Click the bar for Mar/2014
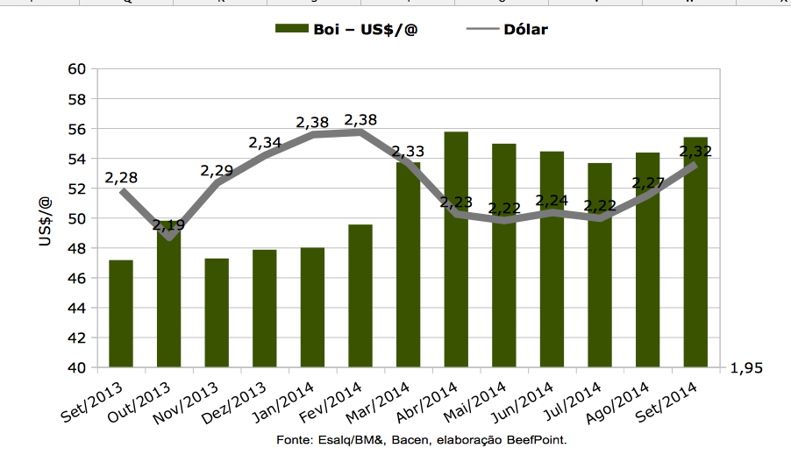click(409, 264)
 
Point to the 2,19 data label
click(168, 225)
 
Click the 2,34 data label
click(265, 142)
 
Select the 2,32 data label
click(695, 151)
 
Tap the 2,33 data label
click(408, 151)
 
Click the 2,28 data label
click(121, 178)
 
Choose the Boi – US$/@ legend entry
click(347, 29)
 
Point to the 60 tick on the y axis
click(78, 69)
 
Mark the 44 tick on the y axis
click(78, 308)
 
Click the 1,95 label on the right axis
click(746, 368)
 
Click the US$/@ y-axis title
click(46, 218)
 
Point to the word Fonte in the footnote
click(293, 439)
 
